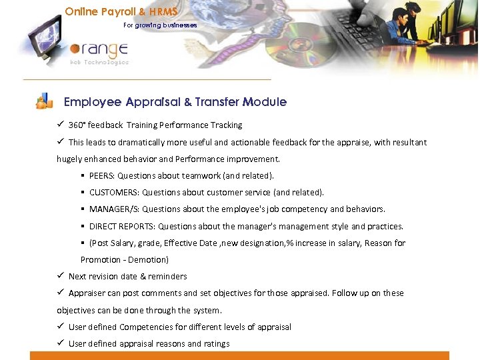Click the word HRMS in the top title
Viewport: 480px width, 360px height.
165,11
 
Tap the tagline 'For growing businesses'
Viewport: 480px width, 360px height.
160,25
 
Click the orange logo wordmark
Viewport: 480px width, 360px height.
100,51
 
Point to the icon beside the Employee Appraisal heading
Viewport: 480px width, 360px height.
44,101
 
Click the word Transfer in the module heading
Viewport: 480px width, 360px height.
217,102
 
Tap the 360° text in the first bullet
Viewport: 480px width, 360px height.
77,125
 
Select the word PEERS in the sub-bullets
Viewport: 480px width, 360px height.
101,175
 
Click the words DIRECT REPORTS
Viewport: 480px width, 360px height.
122,226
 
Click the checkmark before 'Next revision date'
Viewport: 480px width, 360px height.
60,276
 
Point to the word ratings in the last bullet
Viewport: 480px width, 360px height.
217,343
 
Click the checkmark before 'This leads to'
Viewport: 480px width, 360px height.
60,141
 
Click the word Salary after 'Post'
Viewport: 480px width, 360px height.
122,243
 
